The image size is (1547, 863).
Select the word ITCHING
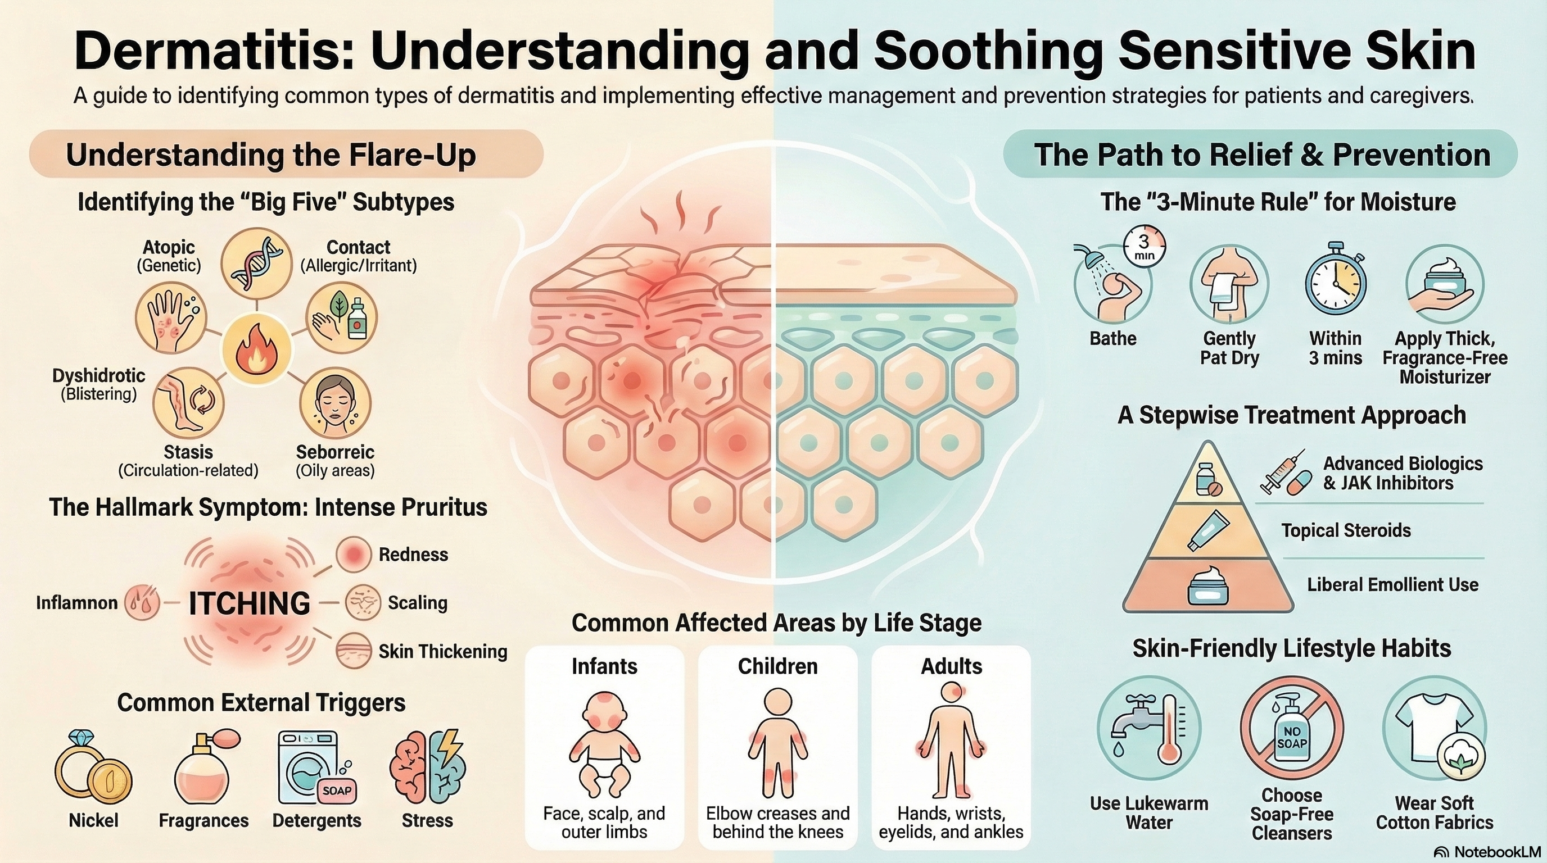pyautogui.click(x=249, y=603)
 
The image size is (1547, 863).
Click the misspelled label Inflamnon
pyautogui.click(x=77, y=602)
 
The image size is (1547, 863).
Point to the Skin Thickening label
pyautogui.click(x=442, y=651)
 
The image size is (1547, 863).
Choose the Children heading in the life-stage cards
pyautogui.click(x=777, y=666)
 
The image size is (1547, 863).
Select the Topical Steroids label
pyautogui.click(x=1346, y=530)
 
